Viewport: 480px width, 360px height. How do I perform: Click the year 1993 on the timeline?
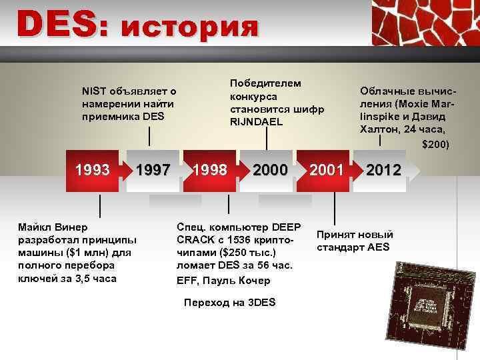93,170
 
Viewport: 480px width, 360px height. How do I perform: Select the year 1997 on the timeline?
153,170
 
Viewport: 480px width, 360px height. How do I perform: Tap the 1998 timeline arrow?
210,170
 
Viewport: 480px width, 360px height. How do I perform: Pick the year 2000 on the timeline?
270,170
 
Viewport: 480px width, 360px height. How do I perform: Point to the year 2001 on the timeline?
327,170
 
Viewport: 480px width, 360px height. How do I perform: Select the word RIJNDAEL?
256,122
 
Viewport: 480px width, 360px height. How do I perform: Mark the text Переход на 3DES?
229,303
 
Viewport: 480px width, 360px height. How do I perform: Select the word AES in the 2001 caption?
377,248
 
